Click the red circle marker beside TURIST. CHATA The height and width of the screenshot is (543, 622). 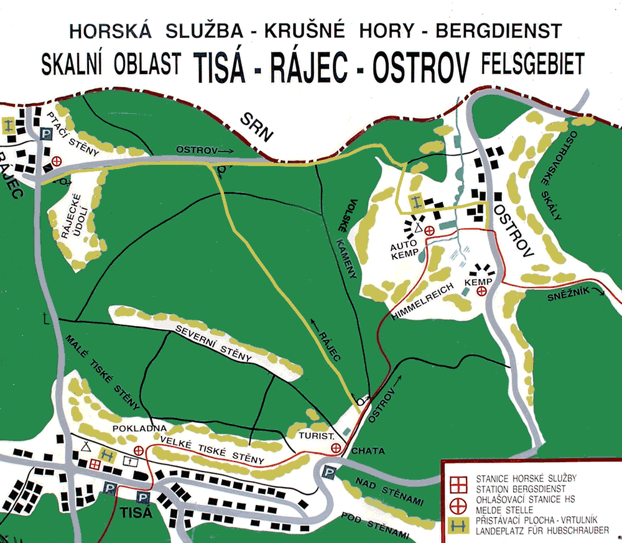[x=337, y=448]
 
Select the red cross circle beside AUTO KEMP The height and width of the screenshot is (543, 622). [x=429, y=230]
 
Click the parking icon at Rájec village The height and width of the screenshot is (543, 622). [x=45, y=134]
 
